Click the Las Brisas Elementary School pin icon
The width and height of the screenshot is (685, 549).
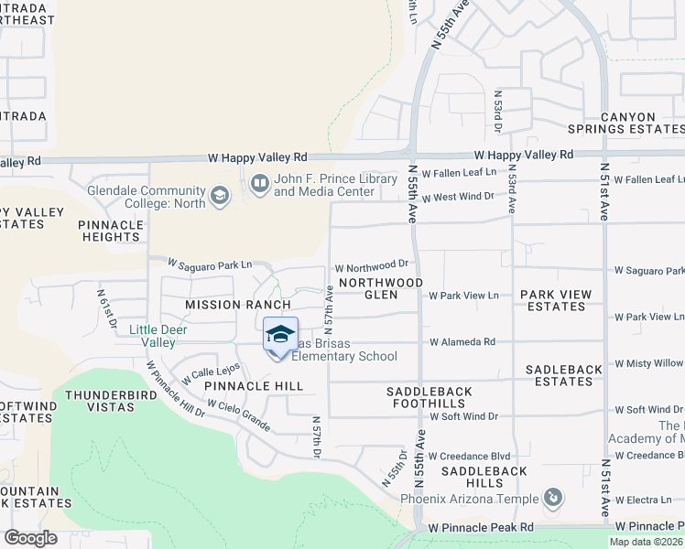pyautogui.click(x=280, y=336)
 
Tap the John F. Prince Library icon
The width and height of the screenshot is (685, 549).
pyautogui.click(x=260, y=184)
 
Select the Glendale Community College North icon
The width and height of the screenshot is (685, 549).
pyautogui.click(x=219, y=195)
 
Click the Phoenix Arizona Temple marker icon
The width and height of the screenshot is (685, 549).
pyautogui.click(x=552, y=499)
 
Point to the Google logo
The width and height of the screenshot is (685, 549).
pyautogui.click(x=30, y=538)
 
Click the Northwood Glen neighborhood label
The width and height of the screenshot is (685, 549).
pyautogui.click(x=381, y=289)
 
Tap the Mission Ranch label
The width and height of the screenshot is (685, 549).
pyautogui.click(x=237, y=305)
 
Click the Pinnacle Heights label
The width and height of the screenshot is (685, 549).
pyautogui.click(x=110, y=231)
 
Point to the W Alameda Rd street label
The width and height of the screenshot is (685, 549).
pyautogui.click(x=462, y=342)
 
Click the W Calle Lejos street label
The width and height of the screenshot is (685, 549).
pyautogui.click(x=210, y=373)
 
